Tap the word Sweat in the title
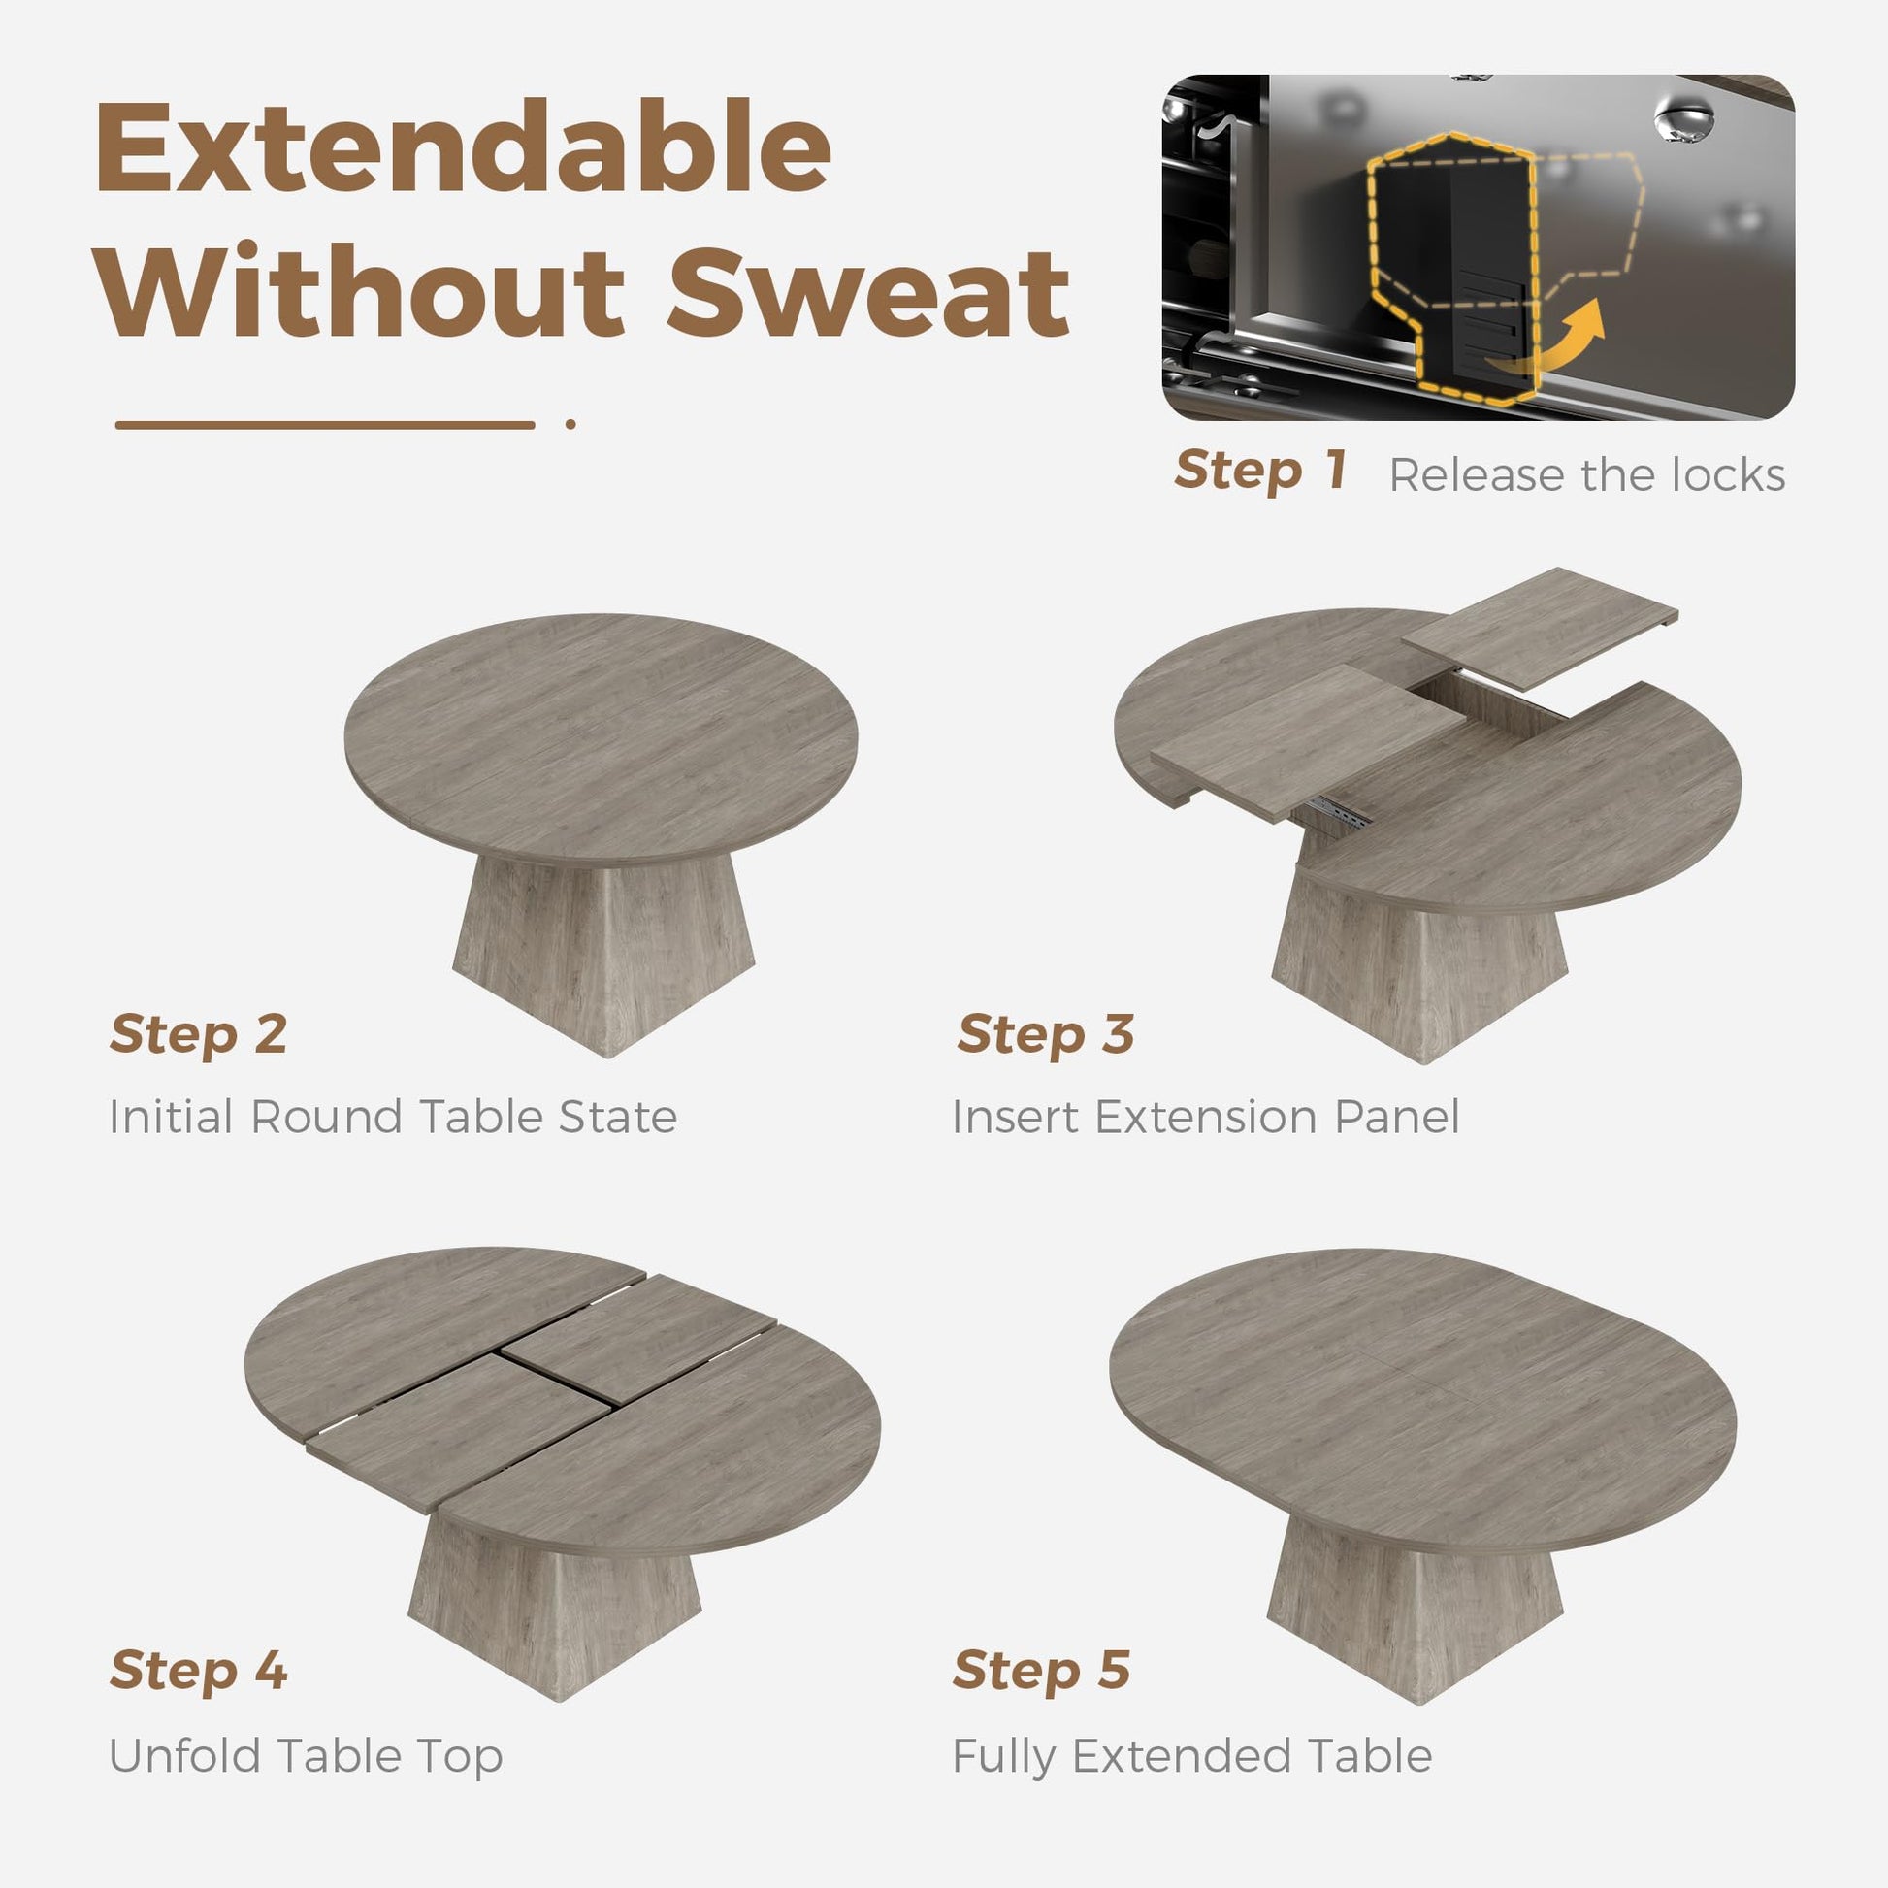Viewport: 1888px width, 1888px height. pos(868,291)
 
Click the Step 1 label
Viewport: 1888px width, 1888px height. pos(1260,470)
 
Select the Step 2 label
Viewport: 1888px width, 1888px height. pos(198,1034)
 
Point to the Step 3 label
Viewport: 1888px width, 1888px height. pos(1046,1034)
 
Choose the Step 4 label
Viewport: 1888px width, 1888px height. pos(198,1670)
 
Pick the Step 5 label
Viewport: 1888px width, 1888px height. pos(1042,1670)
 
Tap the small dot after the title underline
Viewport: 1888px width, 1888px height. pos(570,424)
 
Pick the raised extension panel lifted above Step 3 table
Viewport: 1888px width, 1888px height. pos(1539,629)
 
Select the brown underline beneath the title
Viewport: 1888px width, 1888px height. pos(324,424)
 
